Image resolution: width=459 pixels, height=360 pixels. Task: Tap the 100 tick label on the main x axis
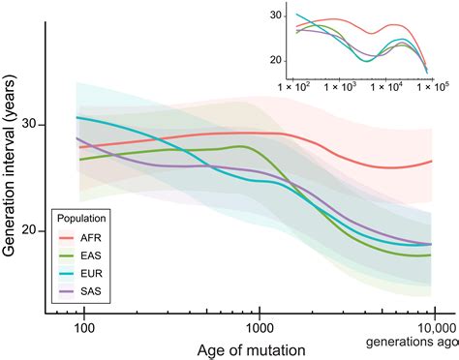84,327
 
